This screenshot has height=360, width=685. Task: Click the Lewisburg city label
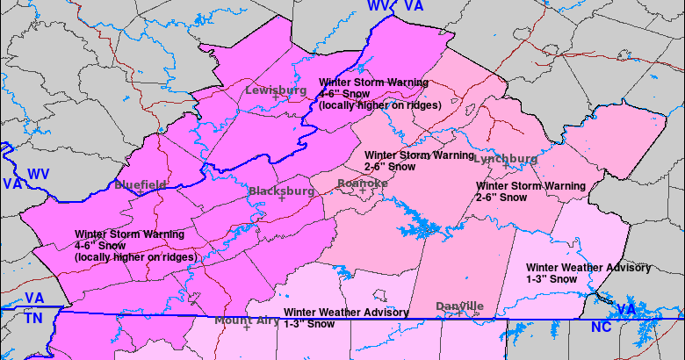click(275, 90)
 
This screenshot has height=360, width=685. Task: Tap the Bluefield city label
click(140, 184)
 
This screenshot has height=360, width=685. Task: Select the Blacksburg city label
click(281, 191)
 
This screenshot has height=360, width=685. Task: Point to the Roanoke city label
click(363, 183)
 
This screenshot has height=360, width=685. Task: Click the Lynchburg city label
click(505, 159)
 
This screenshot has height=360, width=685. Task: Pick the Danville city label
click(459, 306)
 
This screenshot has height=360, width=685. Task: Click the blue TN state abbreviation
click(33, 318)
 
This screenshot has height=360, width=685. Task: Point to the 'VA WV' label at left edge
click(25, 179)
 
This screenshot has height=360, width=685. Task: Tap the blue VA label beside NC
click(625, 310)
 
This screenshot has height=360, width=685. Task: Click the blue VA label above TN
click(34, 299)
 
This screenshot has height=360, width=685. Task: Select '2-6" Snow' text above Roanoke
click(391, 165)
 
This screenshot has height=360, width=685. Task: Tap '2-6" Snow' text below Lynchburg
click(501, 198)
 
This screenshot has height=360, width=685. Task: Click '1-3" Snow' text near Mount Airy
click(309, 324)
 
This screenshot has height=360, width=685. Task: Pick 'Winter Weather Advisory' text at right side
click(588, 267)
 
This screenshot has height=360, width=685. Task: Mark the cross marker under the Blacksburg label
click(282, 199)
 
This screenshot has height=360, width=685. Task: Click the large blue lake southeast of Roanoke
click(413, 223)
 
